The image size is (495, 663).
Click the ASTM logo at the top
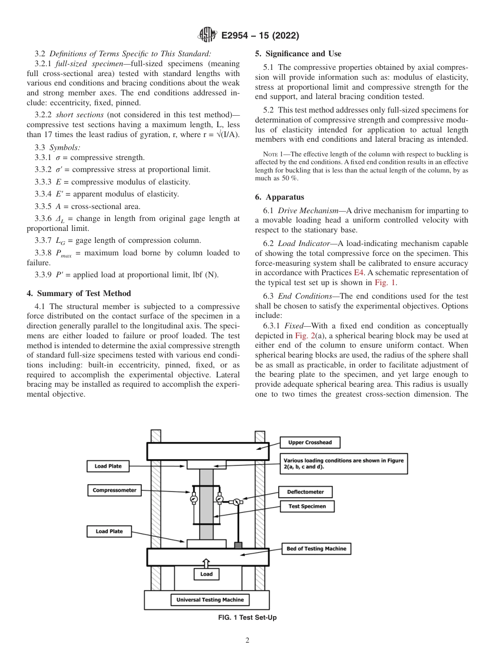(x=207, y=35)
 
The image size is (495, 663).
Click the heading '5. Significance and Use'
(x=298, y=54)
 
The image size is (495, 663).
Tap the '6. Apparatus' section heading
(x=280, y=197)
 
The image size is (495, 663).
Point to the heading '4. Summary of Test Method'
(x=79, y=293)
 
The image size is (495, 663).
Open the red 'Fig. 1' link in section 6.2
(x=385, y=283)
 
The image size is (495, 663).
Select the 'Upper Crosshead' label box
(x=310, y=443)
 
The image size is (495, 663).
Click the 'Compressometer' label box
(x=114, y=490)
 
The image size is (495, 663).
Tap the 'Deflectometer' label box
(x=305, y=492)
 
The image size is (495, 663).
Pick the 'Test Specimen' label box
(x=307, y=506)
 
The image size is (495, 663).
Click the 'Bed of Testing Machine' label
(x=316, y=548)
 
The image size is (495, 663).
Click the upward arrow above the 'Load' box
(x=206, y=563)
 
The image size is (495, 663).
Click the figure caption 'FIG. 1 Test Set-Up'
(x=247, y=618)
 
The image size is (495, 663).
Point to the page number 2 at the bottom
(x=247, y=641)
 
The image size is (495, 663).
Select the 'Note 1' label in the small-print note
(x=273, y=154)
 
